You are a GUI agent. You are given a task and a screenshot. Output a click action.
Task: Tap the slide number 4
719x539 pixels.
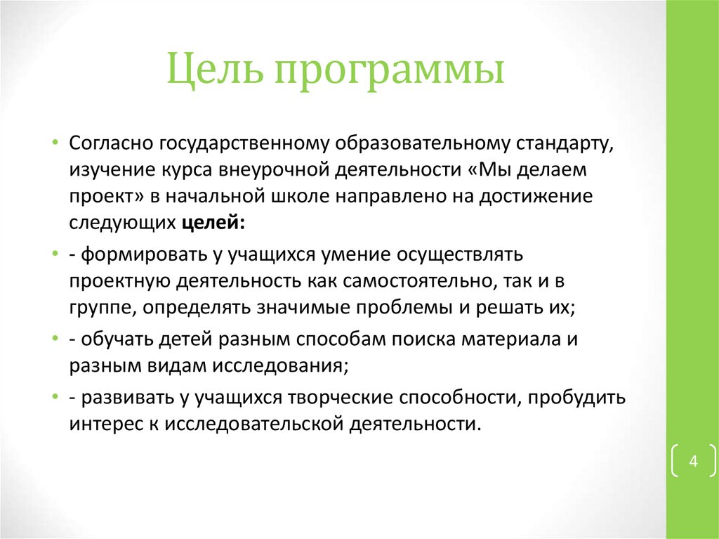click(693, 462)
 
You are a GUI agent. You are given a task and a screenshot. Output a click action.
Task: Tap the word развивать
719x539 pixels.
click(117, 398)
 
